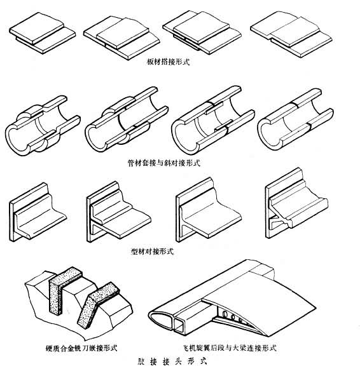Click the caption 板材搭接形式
pos(168,62)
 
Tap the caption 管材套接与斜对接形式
pos(163,163)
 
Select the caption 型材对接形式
pos(152,251)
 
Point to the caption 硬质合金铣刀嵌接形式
pos(81,348)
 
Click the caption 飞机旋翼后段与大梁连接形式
pos(230,348)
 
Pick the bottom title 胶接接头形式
pos(172,361)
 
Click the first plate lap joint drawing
pos(43,33)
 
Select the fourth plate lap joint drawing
pos(291,34)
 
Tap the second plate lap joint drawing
pos(121,38)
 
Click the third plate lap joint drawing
pos(202,32)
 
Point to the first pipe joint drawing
pos(43,126)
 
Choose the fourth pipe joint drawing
pos(295,119)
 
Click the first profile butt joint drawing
pos(38,212)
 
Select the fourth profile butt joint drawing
pos(296,203)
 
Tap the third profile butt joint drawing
pos(209,210)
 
